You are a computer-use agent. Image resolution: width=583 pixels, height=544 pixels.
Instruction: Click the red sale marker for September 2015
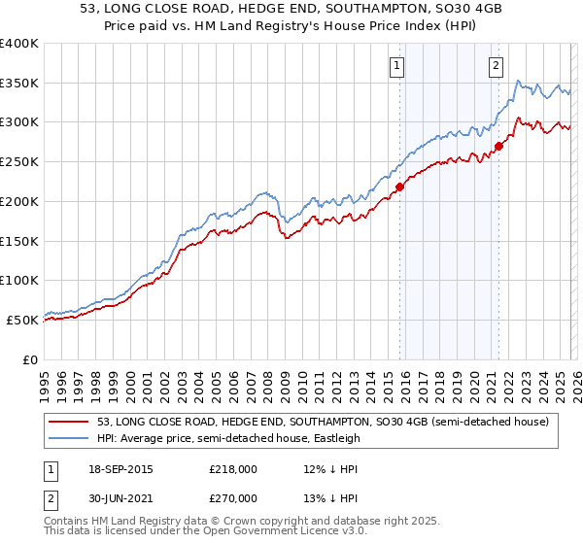click(399, 187)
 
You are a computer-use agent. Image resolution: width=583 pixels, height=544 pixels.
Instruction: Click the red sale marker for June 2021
click(498, 147)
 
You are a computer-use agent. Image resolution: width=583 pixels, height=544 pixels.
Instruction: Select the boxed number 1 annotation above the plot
click(398, 66)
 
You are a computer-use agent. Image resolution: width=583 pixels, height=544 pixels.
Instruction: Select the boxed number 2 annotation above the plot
click(496, 66)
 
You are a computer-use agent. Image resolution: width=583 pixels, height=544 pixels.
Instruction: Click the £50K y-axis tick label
click(23, 320)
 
